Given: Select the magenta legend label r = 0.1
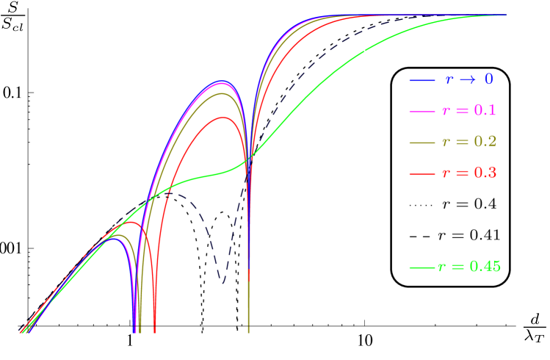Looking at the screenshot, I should coord(469,111).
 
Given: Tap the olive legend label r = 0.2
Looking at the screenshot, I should coord(469,142).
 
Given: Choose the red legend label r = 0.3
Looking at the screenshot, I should coord(469,173).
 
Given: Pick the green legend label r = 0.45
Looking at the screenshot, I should coord(469,267).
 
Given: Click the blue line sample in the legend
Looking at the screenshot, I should coord(423,79).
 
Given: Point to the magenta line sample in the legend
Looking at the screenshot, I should coord(423,111).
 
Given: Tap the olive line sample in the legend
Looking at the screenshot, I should coord(423,142).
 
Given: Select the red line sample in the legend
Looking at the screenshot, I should coord(423,173).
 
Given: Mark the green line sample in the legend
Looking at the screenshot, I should coord(423,267).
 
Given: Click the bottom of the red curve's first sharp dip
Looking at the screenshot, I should coord(154,331).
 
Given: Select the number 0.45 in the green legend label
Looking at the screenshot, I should coord(485,267).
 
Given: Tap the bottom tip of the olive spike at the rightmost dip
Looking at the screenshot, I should coord(248,331).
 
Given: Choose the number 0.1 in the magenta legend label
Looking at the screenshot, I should coord(485,111).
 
